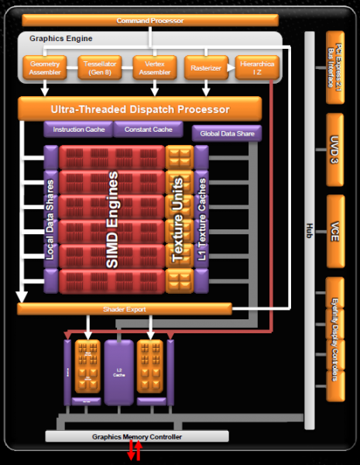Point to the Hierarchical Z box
click(252, 68)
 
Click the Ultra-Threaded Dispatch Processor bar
click(139, 108)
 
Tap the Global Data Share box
click(226, 133)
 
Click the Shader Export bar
click(125, 309)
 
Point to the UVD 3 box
click(334, 149)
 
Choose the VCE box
click(334, 230)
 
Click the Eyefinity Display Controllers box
click(334, 339)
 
